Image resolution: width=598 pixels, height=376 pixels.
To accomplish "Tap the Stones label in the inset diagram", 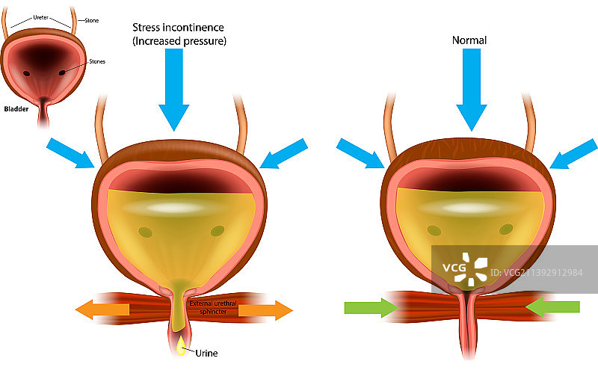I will point(97,61).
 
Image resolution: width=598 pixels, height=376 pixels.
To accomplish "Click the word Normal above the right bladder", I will point(469,40).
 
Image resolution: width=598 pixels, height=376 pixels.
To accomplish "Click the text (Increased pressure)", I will point(179,41).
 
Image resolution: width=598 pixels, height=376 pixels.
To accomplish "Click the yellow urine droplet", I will point(180,345).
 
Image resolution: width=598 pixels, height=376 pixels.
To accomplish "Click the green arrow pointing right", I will point(371,306).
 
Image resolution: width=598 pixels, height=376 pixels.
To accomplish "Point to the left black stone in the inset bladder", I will point(26,73).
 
